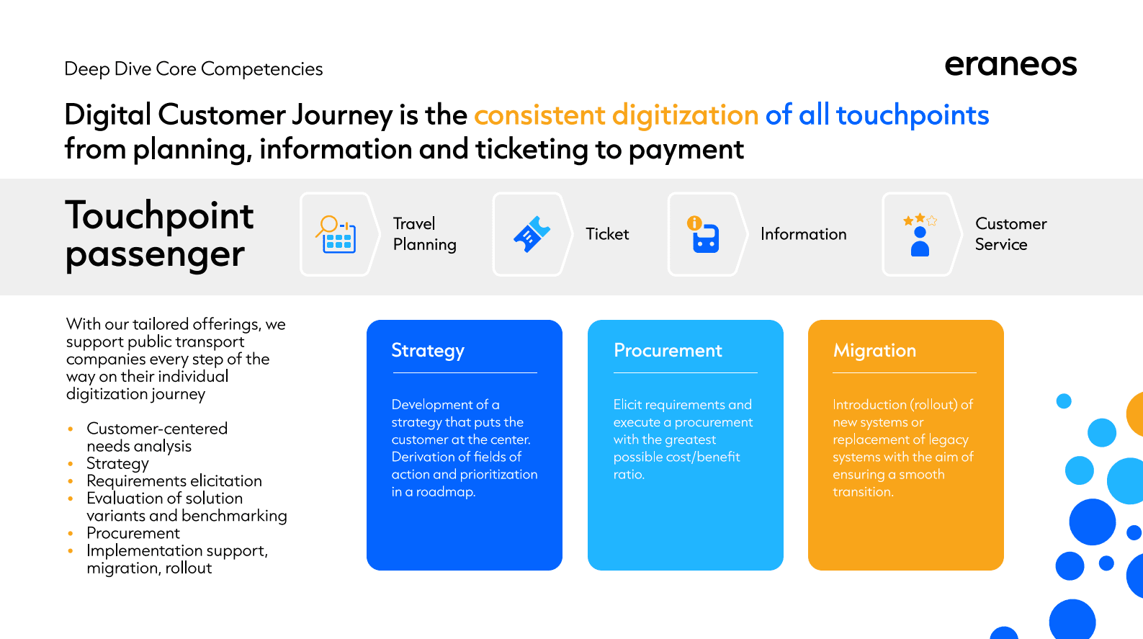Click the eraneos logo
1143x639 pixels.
coord(1010,66)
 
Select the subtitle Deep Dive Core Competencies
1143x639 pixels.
coord(194,69)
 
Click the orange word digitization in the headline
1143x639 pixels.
coord(685,115)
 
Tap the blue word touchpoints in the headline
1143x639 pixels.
coord(913,115)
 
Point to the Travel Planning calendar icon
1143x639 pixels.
coord(336,234)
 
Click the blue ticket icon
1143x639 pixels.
coord(532,233)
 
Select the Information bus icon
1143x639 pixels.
coord(703,234)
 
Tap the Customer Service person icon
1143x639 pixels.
coord(920,241)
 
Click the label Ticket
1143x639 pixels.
coord(607,233)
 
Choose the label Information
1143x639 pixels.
coord(804,233)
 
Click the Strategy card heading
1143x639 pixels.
coord(428,351)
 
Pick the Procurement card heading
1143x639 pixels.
coord(668,350)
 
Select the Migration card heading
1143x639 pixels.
coord(874,351)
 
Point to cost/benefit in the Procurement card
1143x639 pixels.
coord(703,457)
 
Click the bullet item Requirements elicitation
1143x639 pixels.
coord(174,481)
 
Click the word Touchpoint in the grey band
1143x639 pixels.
coord(159,215)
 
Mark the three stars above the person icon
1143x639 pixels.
coord(920,220)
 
